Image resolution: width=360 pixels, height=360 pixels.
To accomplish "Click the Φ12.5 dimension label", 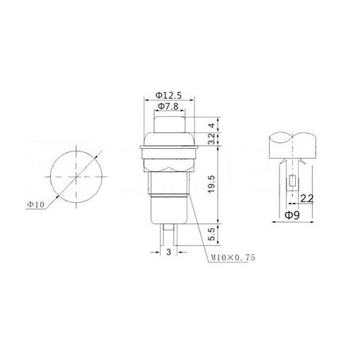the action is coord(168,95).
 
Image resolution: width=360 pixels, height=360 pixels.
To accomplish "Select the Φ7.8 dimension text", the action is coord(168,106).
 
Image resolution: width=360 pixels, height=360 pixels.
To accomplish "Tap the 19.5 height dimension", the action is coord(211,185).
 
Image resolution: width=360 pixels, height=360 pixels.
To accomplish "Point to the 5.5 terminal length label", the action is coord(211,235).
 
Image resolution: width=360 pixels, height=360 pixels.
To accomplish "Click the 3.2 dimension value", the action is coord(211,139).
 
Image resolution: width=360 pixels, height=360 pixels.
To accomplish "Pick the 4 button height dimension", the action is coord(212,125).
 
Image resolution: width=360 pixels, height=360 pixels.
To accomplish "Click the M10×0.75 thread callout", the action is coord(233,258).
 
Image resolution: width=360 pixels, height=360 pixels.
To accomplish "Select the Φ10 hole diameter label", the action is coord(36,204).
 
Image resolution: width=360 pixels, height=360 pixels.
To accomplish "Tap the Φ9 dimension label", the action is coord(292,215).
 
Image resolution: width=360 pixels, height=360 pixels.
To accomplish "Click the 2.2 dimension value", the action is coord(307,199).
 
